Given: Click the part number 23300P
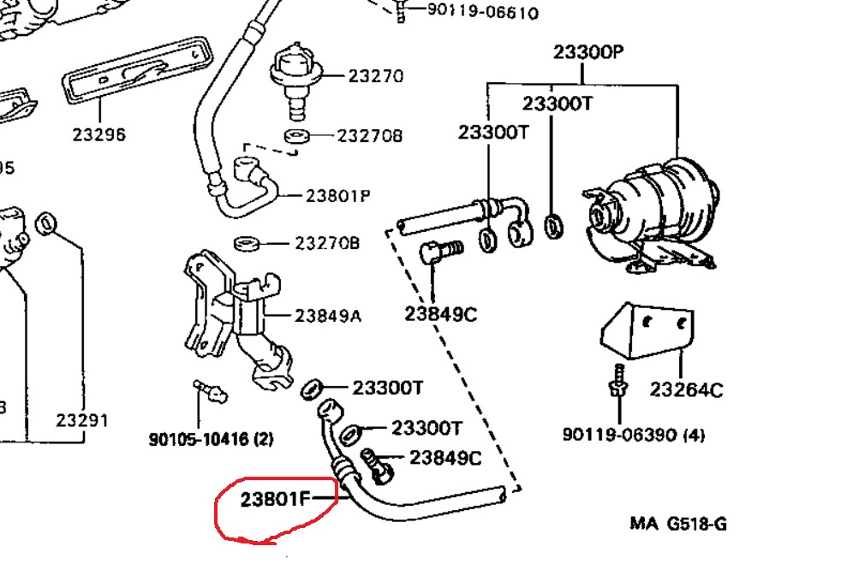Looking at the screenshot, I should click(588, 51).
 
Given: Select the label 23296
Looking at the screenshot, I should click(98, 134).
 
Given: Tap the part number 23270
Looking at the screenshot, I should click(375, 76).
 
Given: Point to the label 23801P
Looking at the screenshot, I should click(337, 195).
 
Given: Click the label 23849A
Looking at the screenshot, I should click(328, 316).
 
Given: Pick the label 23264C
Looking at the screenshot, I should click(685, 390).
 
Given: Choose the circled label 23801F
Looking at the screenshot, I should click(274, 498).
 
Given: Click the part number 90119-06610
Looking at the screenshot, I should click(470, 12).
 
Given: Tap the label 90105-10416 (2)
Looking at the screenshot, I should click(211, 439).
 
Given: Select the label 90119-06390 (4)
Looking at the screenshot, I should click(634, 435).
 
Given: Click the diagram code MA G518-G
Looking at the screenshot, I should click(678, 523).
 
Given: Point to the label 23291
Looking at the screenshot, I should click(83, 420).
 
